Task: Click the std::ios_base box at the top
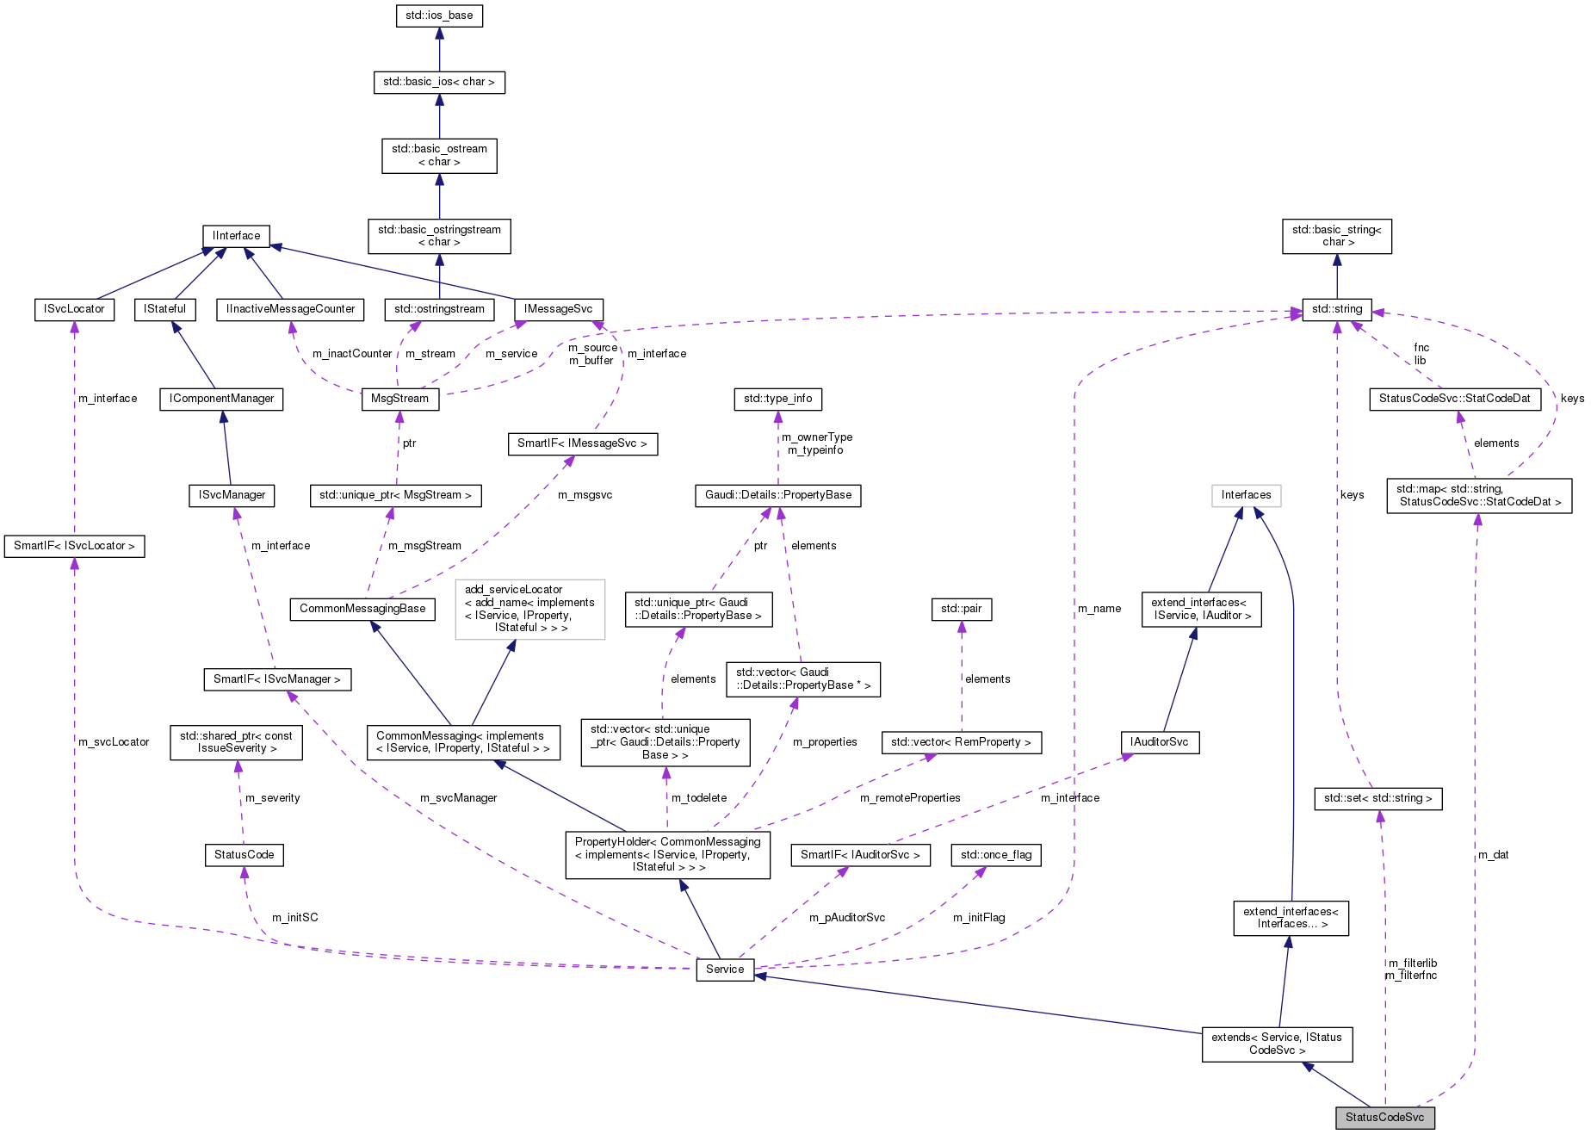click(x=439, y=15)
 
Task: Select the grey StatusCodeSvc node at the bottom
click(x=1384, y=1118)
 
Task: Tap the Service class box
click(x=725, y=970)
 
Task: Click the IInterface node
click(x=237, y=236)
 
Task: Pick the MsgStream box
click(x=399, y=399)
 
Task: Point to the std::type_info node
click(x=777, y=399)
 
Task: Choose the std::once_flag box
click(x=995, y=855)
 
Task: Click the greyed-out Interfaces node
click(x=1246, y=495)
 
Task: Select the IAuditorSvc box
click(x=1159, y=742)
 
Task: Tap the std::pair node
click(x=961, y=609)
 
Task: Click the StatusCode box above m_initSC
click(x=245, y=855)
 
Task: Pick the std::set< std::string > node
click(x=1377, y=798)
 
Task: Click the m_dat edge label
click(x=1494, y=855)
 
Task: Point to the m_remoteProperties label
click(x=910, y=798)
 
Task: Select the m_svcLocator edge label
click(x=114, y=742)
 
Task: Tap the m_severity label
click(x=273, y=798)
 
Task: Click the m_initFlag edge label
click(x=979, y=918)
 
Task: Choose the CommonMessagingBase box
click(x=362, y=609)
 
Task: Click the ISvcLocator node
click(x=74, y=309)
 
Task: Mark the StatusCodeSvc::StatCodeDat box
click(x=1454, y=399)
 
